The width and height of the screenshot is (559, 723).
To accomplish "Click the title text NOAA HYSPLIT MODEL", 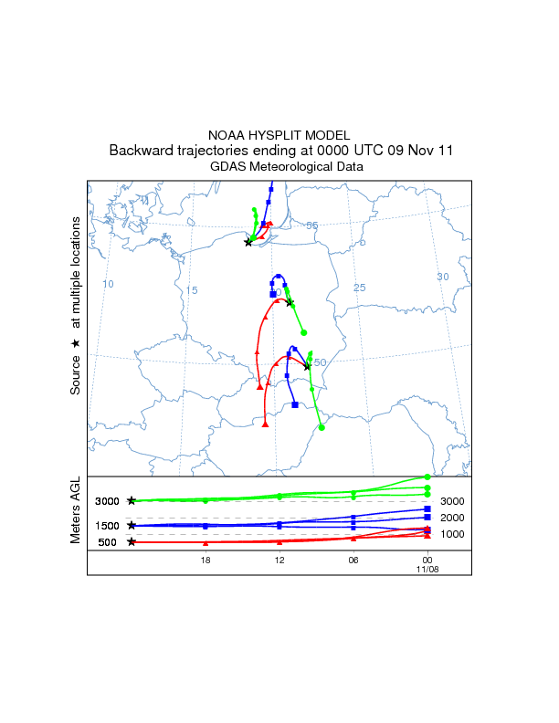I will point(279,135).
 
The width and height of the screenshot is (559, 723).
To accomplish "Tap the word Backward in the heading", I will point(140,151).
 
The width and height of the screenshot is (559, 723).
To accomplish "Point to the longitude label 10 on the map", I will point(108,284).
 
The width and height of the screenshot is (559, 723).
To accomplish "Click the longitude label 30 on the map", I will point(443,277).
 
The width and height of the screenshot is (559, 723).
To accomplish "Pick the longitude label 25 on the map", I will point(359,288).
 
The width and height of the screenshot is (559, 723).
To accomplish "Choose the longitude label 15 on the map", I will point(192,290).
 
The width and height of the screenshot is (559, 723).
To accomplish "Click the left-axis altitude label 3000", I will point(107,501).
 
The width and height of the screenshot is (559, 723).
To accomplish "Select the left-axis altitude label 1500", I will point(107,526).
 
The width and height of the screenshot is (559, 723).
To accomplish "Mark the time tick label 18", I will point(206,559).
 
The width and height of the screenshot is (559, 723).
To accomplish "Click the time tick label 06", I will point(353,559).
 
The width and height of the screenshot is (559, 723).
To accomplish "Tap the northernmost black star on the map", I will point(248,242).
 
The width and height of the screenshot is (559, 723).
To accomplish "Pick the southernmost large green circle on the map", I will point(322,426).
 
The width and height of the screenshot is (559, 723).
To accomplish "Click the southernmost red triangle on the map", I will point(264,424).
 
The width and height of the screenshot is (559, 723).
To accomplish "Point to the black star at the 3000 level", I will point(132,500).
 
